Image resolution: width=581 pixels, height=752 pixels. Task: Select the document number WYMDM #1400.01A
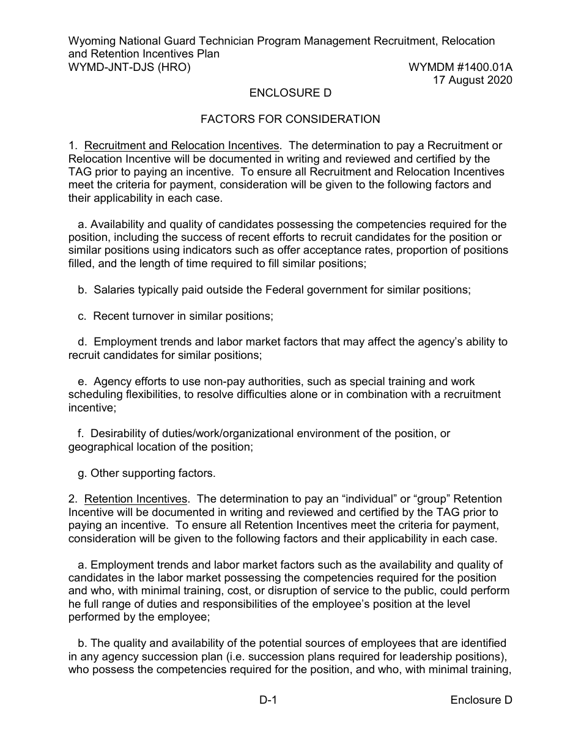coord(460,67)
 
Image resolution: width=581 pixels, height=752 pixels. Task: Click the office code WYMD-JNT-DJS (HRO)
coord(129,67)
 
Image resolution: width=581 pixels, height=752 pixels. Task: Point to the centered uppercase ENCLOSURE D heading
coord(290,93)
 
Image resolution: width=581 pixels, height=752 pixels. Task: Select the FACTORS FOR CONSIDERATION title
coord(290,119)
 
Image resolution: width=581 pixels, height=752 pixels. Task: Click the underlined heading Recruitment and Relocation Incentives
coord(182,146)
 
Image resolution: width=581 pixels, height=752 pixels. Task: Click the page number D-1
coord(269,701)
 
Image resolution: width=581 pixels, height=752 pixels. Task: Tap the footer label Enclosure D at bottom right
coord(481,701)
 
